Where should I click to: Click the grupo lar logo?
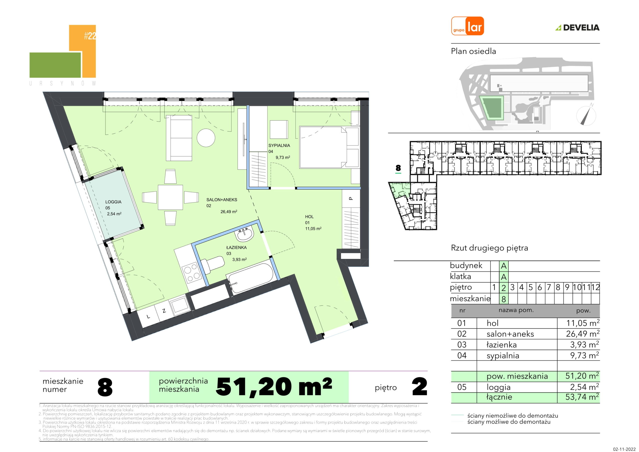(x=468, y=26)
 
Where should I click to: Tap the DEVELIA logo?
(x=578, y=27)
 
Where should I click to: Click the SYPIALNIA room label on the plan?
(x=279, y=145)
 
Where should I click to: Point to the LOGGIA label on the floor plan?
(x=113, y=202)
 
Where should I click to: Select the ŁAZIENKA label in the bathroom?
(x=237, y=247)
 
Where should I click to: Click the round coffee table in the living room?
(x=206, y=138)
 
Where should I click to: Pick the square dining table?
(x=170, y=197)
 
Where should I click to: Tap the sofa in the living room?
(x=179, y=138)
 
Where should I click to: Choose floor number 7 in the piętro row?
(x=549, y=287)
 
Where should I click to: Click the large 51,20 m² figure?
(x=274, y=387)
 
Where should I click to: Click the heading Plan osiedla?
(x=474, y=51)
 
